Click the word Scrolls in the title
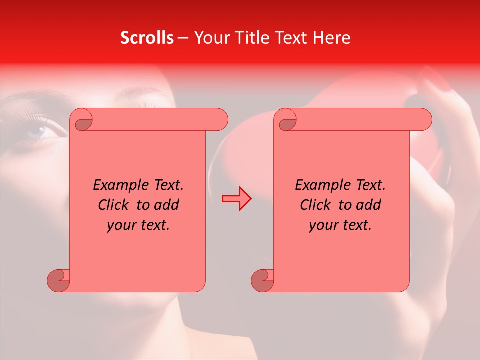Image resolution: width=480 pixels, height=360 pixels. pos(147,38)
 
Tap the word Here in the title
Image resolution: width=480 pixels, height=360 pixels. pos(332,38)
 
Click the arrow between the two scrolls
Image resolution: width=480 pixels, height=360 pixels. pos(236,199)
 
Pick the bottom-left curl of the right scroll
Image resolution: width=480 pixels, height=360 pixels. pos(263,280)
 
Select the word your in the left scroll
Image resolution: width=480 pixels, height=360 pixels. pos(121,225)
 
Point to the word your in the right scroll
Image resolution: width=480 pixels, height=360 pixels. pos(323,225)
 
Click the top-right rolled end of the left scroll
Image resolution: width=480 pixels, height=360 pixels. pos(220,120)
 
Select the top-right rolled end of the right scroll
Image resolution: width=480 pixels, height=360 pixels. pos(424,120)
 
